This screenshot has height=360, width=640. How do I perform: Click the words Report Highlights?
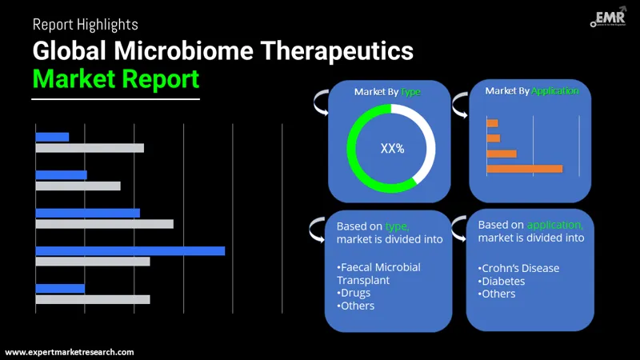click(x=85, y=25)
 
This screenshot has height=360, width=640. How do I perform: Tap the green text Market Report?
click(x=115, y=79)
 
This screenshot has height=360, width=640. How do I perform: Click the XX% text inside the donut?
click(x=392, y=148)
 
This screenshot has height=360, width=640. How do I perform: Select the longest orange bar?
click(x=524, y=169)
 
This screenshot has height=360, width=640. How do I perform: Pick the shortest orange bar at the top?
click(x=492, y=123)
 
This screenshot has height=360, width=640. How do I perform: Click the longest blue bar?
click(x=130, y=250)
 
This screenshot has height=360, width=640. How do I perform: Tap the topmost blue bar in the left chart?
click(x=52, y=137)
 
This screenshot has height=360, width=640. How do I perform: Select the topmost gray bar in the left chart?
click(x=90, y=148)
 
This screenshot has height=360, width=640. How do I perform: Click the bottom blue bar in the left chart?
click(x=60, y=288)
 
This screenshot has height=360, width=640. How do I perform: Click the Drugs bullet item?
click(x=354, y=293)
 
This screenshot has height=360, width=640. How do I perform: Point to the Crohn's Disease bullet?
click(x=518, y=268)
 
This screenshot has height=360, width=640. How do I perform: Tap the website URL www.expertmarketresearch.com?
click(x=70, y=352)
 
